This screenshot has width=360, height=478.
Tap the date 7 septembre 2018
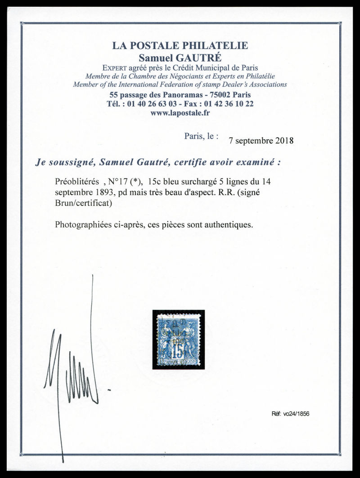(261, 140)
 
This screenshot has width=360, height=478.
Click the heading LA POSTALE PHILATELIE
(180, 45)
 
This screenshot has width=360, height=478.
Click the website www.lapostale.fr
(180, 113)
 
